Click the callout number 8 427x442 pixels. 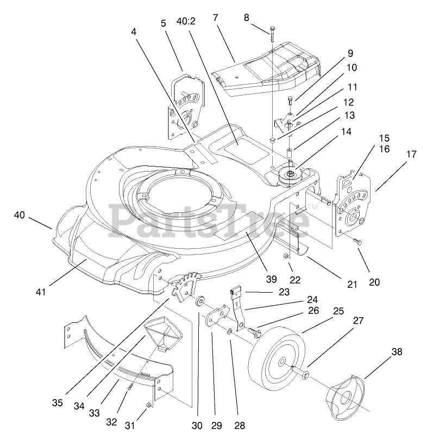[x=246, y=17]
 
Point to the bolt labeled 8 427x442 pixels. [x=269, y=35]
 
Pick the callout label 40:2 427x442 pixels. [x=187, y=21]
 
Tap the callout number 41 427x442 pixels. [x=41, y=292]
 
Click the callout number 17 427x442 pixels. [x=411, y=154]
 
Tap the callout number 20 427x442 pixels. [x=374, y=282]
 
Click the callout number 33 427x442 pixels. [x=95, y=413]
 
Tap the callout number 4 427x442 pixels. [x=134, y=32]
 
